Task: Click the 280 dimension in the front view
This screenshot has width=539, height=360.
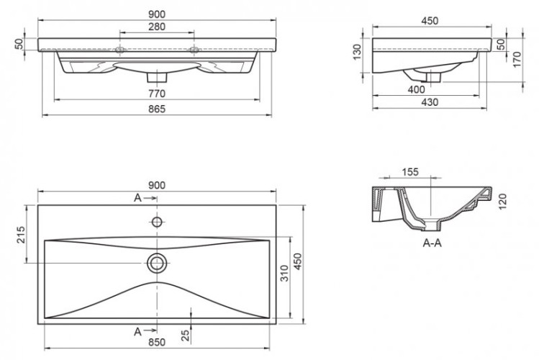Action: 157,27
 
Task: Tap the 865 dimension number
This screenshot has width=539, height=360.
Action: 157,109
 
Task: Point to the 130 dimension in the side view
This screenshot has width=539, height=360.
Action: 358,52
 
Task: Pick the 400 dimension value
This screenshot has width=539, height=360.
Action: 416,89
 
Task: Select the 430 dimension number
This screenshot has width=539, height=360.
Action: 430,104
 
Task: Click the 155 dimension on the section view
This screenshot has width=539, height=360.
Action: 410,171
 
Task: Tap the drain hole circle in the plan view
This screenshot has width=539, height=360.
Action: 156,263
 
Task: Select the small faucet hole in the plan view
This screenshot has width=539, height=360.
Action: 156,220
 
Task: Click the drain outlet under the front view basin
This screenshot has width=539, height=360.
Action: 156,74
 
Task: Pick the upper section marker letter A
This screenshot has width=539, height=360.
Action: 137,197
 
